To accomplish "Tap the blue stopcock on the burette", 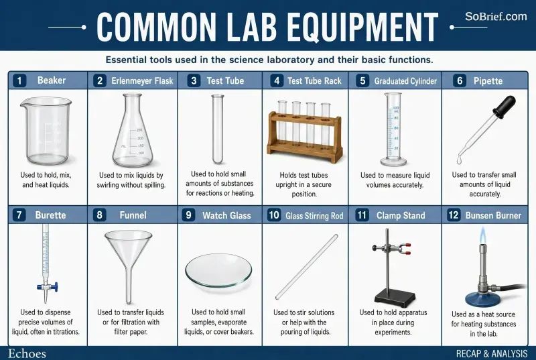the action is tap(47, 286).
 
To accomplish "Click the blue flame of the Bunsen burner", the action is tap(482, 235).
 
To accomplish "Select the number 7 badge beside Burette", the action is tap(19, 215).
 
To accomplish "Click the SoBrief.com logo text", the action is tap(496, 16).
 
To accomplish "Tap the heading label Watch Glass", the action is tap(226, 215).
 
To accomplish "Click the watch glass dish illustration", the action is tap(219, 271).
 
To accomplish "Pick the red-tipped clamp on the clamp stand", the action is tap(392, 249).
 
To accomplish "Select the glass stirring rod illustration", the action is tap(307, 267).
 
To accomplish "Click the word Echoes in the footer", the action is tap(27, 353).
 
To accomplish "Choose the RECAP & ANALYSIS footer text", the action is tap(492, 353).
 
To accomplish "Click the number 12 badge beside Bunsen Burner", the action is tap(454, 215).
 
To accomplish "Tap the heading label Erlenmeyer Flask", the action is tap(142, 81).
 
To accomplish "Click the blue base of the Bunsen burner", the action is tap(482, 298).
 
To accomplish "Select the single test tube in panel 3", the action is tap(217, 129).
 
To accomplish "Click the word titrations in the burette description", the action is tap(65, 332).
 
